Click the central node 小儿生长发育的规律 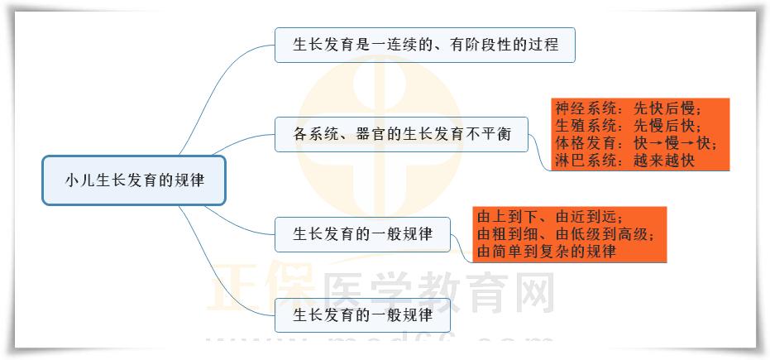[x=133, y=179]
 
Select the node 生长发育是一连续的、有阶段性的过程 [x=424, y=45]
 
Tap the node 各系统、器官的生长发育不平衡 [x=401, y=134]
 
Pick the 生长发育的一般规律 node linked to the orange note [x=363, y=233]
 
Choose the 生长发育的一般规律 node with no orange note [x=363, y=315]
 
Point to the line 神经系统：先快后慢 [x=628, y=109]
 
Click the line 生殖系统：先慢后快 [x=628, y=127]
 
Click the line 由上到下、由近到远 [x=549, y=217]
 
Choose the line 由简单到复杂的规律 [x=547, y=252]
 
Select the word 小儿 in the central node [x=76, y=180]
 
